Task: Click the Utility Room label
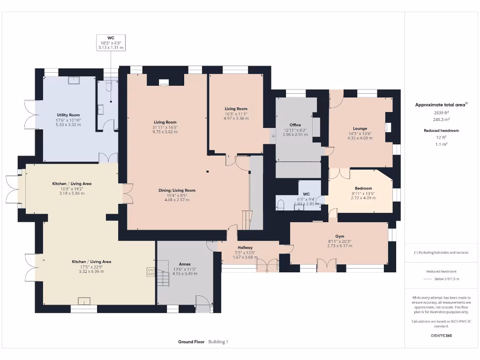pos(68,115)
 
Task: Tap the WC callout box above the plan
pos(111,42)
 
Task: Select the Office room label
pos(295,125)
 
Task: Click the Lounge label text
pos(360,128)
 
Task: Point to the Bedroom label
pos(363,188)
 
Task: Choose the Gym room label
pos(339,236)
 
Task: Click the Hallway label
pos(245,247)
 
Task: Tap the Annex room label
pos(185,264)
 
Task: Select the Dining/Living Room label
pos(177,190)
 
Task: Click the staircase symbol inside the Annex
pos(162,278)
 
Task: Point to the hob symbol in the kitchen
pos(151,271)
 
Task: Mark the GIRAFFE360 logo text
pos(441,336)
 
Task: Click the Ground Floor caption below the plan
pos(191,342)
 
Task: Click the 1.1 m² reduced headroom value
pos(441,144)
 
